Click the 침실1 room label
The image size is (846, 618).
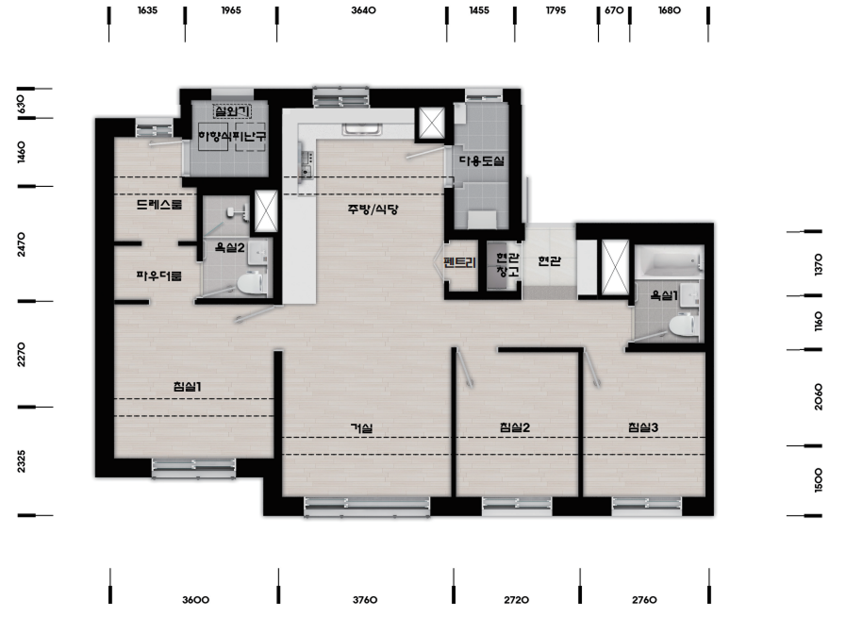(x=188, y=387)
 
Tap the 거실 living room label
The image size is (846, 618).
(x=361, y=428)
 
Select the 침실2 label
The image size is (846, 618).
(x=515, y=427)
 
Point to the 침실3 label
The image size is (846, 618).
(x=643, y=427)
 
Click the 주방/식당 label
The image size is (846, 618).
(x=373, y=209)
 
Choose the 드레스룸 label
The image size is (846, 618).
(x=159, y=204)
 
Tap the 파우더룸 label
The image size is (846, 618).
(x=159, y=276)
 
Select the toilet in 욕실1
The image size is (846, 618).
(x=684, y=326)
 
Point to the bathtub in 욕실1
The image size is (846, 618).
(x=670, y=262)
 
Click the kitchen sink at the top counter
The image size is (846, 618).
(x=362, y=129)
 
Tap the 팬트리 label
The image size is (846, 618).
(x=459, y=263)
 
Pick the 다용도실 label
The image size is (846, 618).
(x=482, y=160)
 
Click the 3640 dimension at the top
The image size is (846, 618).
(x=363, y=10)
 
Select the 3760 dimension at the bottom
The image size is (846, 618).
(x=365, y=600)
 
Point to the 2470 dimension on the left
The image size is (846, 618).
(x=21, y=244)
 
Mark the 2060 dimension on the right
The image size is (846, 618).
(x=818, y=396)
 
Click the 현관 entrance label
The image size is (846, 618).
(x=549, y=261)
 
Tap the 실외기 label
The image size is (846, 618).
(x=232, y=111)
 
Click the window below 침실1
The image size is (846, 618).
(x=193, y=468)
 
